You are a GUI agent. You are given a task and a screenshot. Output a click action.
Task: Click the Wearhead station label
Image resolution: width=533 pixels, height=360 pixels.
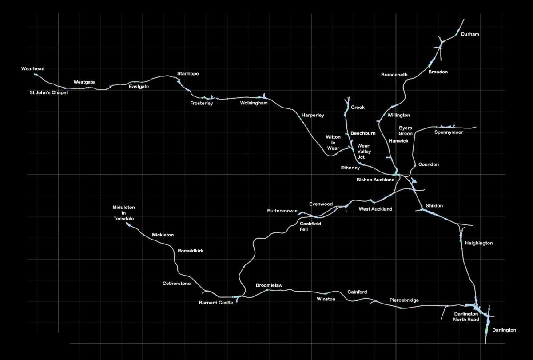(33, 69)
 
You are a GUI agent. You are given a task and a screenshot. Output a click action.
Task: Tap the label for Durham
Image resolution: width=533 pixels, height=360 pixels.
(470, 34)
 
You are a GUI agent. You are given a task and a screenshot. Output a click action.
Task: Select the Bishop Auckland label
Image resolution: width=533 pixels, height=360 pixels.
(375, 180)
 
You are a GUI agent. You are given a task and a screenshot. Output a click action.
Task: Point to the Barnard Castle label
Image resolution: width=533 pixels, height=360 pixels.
(216, 303)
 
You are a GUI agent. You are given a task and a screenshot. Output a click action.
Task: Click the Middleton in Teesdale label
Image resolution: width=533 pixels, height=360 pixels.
(124, 213)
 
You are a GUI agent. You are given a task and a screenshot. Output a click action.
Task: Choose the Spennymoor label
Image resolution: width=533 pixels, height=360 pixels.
(449, 132)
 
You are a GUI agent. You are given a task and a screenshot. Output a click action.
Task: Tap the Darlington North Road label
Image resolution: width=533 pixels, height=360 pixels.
(466, 316)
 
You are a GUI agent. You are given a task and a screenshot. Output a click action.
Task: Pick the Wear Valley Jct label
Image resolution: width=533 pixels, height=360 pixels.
(364, 152)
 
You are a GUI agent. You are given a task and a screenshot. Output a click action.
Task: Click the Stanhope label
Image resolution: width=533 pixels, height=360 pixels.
(188, 74)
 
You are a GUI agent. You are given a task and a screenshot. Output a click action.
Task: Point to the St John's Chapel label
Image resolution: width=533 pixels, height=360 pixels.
(48, 92)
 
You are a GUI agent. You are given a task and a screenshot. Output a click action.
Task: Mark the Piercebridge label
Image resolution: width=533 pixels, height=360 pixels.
(404, 300)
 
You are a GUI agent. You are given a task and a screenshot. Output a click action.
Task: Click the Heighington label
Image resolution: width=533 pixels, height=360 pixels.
(479, 244)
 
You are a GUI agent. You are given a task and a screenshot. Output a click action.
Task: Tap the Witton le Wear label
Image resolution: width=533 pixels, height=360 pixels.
(333, 143)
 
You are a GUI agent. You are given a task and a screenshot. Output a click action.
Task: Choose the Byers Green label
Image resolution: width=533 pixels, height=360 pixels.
(406, 131)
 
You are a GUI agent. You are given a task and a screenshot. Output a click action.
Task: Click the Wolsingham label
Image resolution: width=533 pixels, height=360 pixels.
(254, 103)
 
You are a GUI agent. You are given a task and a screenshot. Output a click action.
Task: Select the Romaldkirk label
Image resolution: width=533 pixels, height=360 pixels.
(191, 251)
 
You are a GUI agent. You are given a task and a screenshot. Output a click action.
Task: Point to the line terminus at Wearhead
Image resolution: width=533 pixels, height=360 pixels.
(35, 74)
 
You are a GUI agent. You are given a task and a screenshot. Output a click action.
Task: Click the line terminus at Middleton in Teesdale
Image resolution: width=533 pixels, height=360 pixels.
(127, 223)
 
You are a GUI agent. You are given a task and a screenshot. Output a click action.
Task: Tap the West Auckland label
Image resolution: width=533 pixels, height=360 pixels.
(375, 209)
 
